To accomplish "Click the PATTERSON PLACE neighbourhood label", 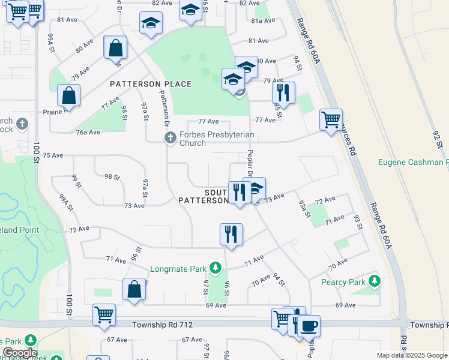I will tap(151, 84).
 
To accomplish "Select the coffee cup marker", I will tap(309, 326).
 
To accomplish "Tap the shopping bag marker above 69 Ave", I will tap(134, 289).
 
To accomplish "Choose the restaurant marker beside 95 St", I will tap(283, 93).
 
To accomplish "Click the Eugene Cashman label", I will tap(414, 162).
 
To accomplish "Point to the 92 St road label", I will tap(437, 136).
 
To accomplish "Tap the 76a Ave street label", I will tap(87, 132).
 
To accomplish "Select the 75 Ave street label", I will tap(53, 155).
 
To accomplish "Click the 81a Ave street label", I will tap(262, 20).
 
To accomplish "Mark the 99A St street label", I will tap(66, 202).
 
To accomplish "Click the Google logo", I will tap(20, 353).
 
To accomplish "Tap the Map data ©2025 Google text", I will tap(411, 355).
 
